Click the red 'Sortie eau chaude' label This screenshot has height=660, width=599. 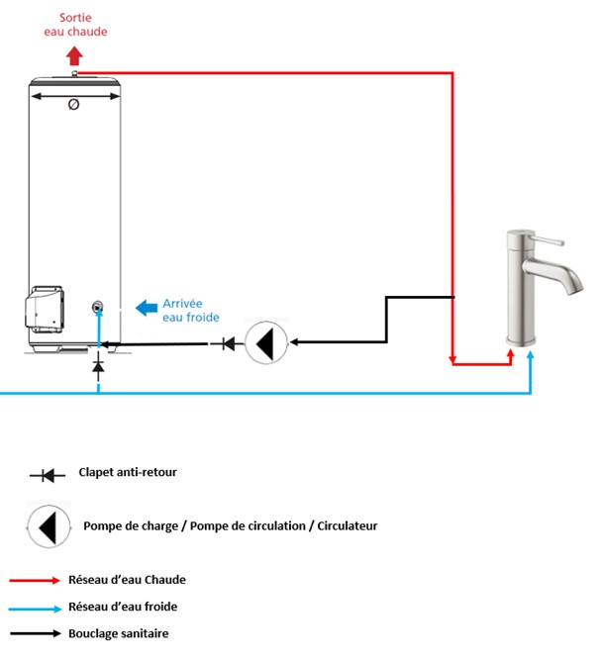click(75, 25)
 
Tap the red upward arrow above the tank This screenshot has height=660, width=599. click(75, 55)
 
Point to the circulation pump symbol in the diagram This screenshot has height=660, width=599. click(265, 342)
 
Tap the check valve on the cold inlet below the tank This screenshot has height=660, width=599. click(98, 367)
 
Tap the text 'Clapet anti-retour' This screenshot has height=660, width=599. click(128, 473)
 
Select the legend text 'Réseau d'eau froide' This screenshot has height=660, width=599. click(123, 607)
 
